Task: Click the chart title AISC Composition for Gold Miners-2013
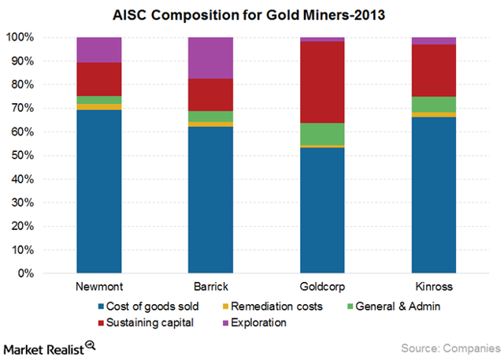pos(251,13)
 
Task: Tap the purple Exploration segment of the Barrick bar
pos(210,58)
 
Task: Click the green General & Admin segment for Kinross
pos(434,104)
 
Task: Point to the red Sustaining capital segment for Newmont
pos(98,79)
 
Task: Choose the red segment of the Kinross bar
pos(434,70)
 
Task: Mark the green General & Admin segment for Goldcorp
pos(322,134)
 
